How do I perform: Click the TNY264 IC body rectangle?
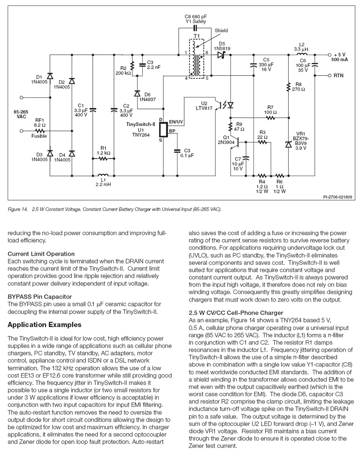pyautogui.click(x=163, y=129)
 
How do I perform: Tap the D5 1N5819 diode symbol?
pyautogui.click(x=222, y=55)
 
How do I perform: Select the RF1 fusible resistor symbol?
pyautogui.click(x=40, y=131)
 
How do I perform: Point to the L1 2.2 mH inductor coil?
pyautogui.click(x=103, y=175)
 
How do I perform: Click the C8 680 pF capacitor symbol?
pyautogui.click(x=195, y=28)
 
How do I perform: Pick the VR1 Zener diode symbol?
pyautogui.click(x=288, y=144)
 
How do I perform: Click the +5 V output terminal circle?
pyautogui.click(x=329, y=55)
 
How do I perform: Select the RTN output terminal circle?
pyautogui.click(x=329, y=76)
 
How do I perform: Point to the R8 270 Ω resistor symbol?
pyautogui.click(x=288, y=87)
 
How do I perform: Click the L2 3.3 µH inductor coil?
pyautogui.click(x=302, y=54)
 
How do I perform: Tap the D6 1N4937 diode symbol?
pyautogui.click(x=137, y=94)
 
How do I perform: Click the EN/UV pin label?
pyautogui.click(x=176, y=122)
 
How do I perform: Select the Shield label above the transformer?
pyautogui.click(x=221, y=31)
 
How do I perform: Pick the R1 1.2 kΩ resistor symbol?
pyautogui.click(x=103, y=158)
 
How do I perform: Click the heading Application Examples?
pyautogui.click(x=44, y=325)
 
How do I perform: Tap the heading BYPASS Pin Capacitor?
pyautogui.click(x=39, y=297)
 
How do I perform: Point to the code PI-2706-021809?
pyautogui.click(x=338, y=197)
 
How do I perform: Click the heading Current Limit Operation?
pyautogui.click(x=41, y=254)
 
